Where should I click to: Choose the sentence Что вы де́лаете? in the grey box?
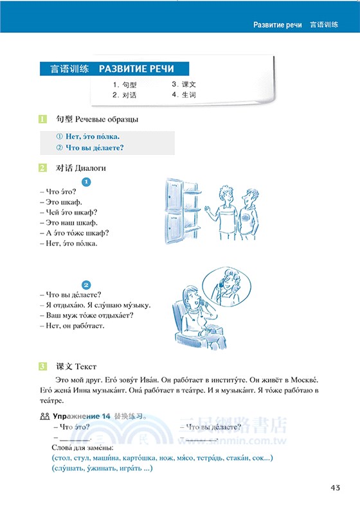click(90, 148)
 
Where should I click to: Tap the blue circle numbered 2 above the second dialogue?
click(87, 285)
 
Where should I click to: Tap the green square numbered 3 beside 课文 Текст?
click(42, 367)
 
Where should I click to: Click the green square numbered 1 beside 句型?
click(42, 120)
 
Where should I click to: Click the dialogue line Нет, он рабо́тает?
click(72, 326)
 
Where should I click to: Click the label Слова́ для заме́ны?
click(81, 447)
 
